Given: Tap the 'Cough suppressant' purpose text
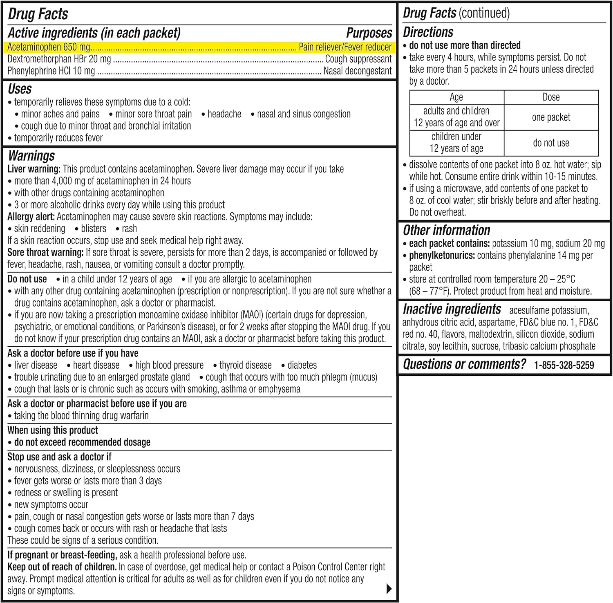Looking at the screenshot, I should click(x=358, y=59).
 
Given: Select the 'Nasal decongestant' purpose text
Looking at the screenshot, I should click(x=358, y=71).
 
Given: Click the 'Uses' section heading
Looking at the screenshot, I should click(x=20, y=89).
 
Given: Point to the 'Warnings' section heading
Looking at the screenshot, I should click(x=31, y=156).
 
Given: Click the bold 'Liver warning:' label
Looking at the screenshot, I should click(x=34, y=169).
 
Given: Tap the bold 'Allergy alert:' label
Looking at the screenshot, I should click(x=31, y=217).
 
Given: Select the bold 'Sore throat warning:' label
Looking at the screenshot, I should click(x=45, y=252).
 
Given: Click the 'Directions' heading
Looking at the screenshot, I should click(x=428, y=32).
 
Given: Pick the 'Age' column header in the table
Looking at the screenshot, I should click(x=456, y=97).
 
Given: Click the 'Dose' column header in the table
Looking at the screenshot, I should click(x=551, y=97).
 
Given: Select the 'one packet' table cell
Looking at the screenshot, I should click(x=551, y=117).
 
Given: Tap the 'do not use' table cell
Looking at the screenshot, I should click(x=551, y=143).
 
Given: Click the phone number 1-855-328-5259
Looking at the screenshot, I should click(x=564, y=365).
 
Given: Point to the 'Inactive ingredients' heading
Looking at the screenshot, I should click(x=452, y=309).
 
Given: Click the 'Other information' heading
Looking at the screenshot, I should click(x=446, y=230).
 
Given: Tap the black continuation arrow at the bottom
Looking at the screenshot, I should click(x=389, y=589).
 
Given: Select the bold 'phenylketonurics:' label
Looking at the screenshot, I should click(x=442, y=256).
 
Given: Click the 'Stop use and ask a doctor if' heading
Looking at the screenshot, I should click(x=59, y=457).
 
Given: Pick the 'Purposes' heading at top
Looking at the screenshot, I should click(x=369, y=33).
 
